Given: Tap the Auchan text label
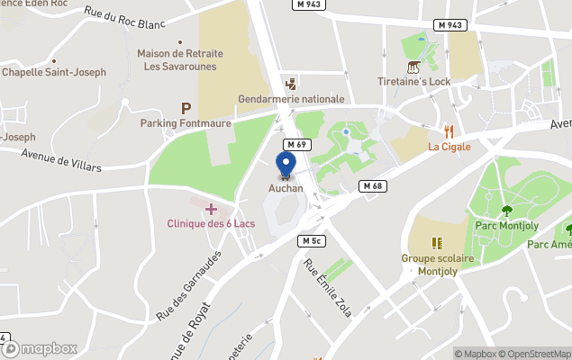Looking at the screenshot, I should (x=286, y=188).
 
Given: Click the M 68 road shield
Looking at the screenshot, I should (x=372, y=185).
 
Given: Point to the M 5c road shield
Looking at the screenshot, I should (x=312, y=241).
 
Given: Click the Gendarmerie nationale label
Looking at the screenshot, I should (x=291, y=99).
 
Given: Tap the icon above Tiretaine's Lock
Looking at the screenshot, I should (x=413, y=67).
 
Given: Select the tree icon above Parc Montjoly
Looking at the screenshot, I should (x=506, y=211).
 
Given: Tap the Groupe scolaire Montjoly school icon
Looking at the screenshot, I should (x=438, y=243).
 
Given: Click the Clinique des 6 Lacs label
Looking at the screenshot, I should (x=211, y=223).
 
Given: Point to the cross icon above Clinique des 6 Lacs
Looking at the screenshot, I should (x=211, y=209).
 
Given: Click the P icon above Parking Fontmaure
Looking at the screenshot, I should (x=186, y=108).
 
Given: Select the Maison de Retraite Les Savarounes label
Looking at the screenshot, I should (x=180, y=59).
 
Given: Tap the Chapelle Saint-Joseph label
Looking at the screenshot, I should (x=54, y=72).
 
